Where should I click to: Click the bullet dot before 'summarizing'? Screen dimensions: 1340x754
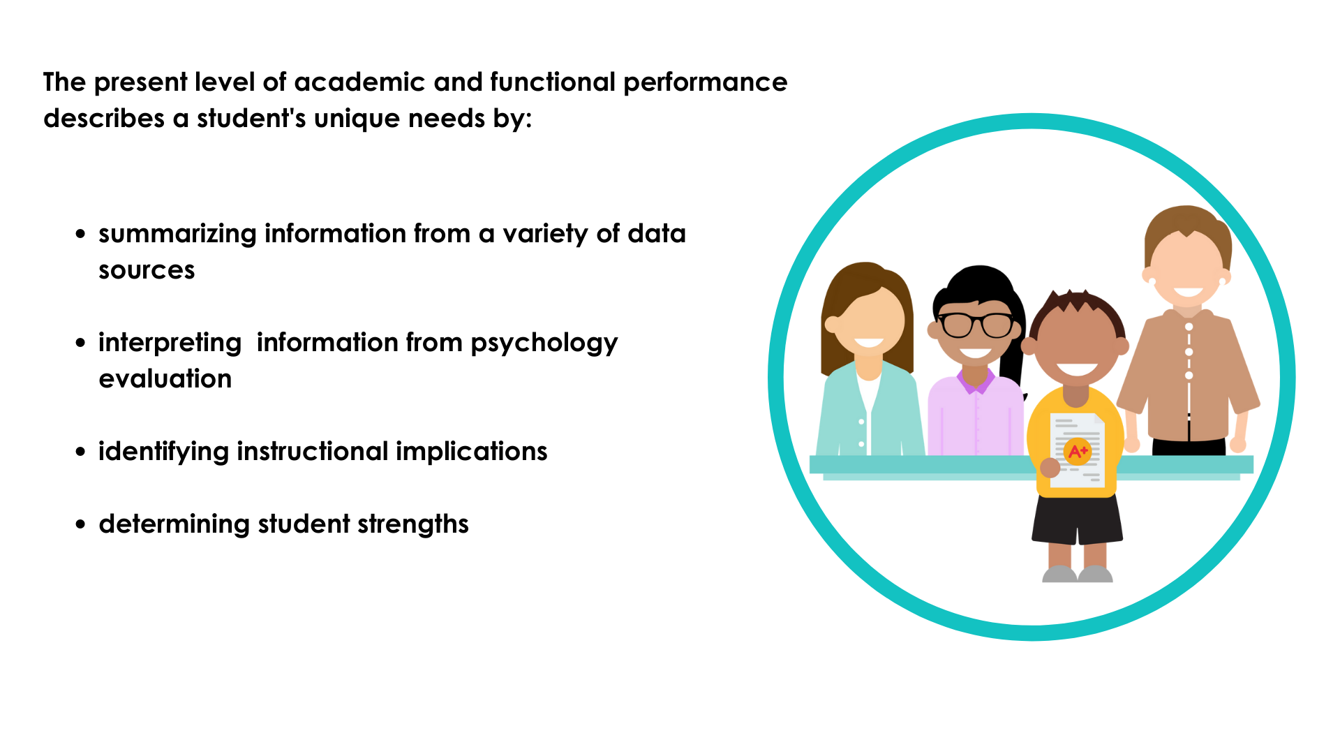[x=81, y=235]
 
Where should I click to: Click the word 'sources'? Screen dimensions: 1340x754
[x=147, y=271]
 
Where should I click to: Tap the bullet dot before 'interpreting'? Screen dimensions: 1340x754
[x=81, y=343]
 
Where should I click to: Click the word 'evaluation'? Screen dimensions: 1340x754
[x=165, y=379]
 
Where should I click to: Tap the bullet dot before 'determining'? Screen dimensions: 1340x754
[x=81, y=524]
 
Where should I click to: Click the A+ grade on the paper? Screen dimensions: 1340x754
[x=1077, y=451]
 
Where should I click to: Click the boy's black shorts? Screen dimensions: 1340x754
[x=1077, y=518]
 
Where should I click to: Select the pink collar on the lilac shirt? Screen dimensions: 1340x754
[x=976, y=380]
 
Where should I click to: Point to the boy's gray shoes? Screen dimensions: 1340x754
[x=1077, y=574]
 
